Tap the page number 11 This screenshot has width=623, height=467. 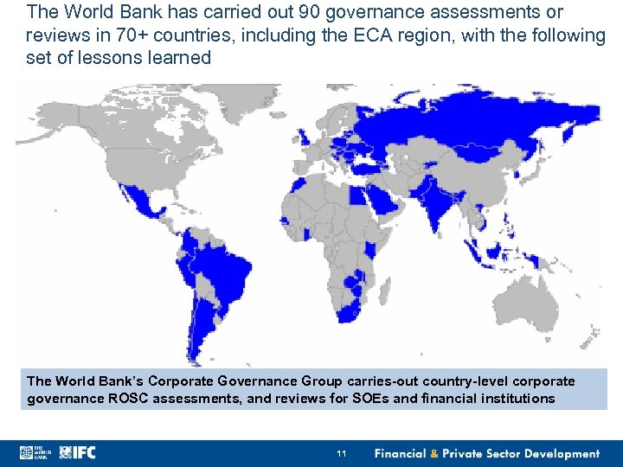coord(341,453)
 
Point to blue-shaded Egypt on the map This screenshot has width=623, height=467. coord(357,195)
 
